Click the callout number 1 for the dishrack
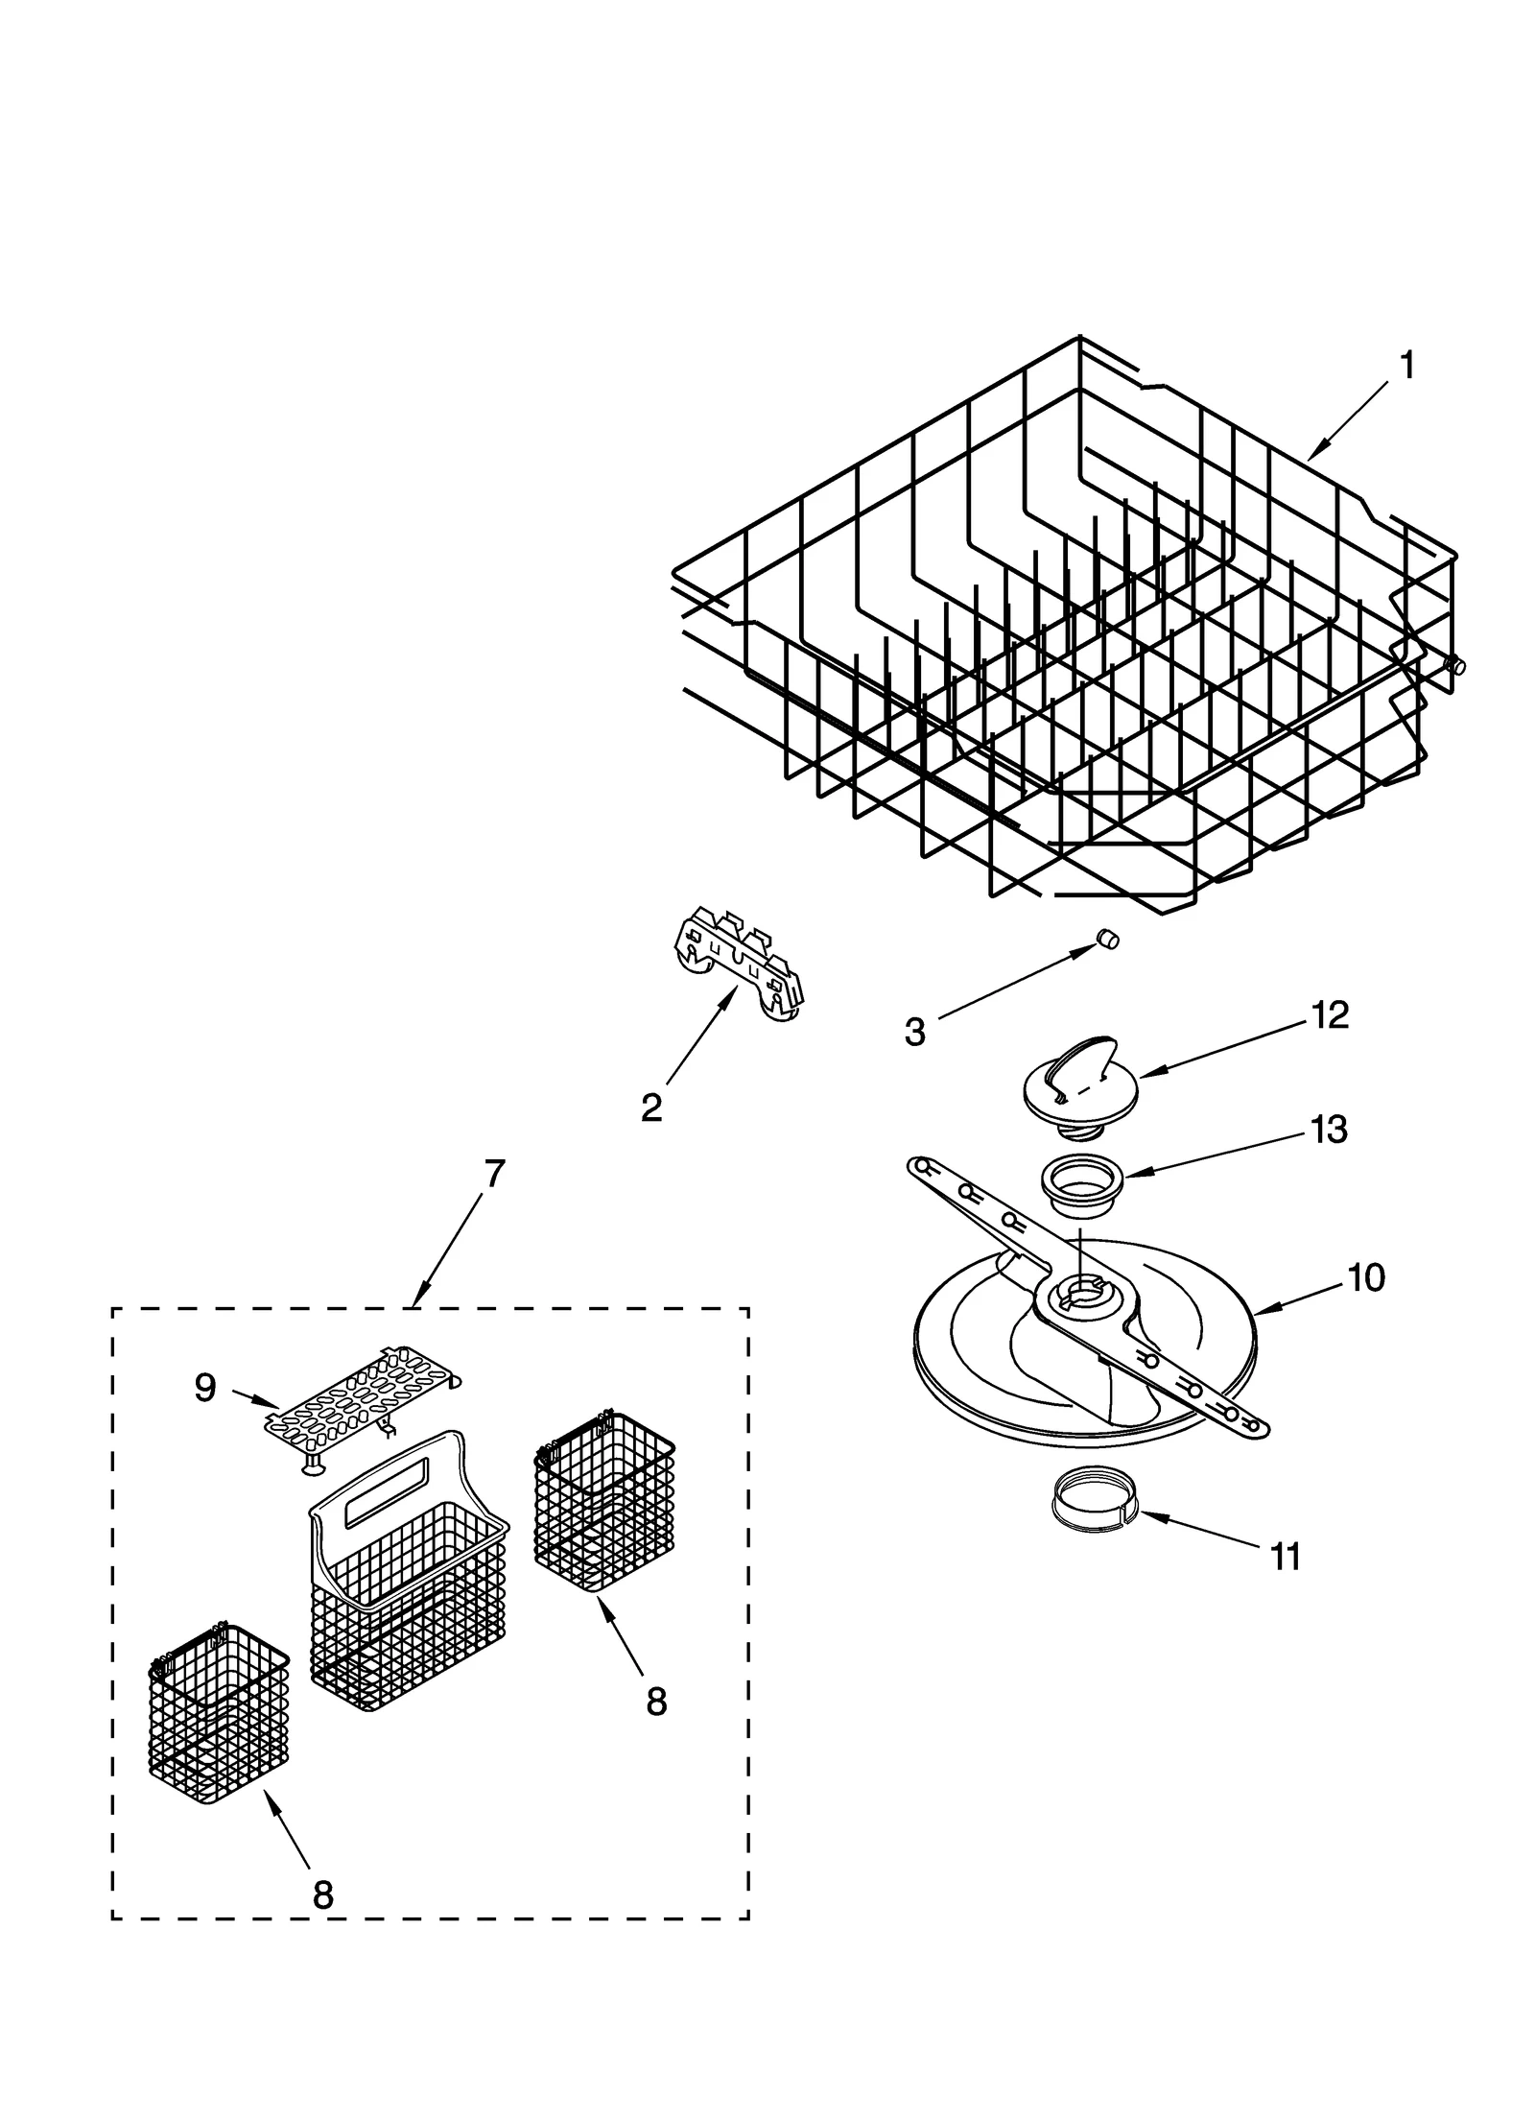1405,366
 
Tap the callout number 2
650,1108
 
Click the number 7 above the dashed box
493,1174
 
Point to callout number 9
205,1387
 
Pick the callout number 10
1366,1277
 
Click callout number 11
1285,1557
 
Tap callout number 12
1330,1014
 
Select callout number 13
1329,1130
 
